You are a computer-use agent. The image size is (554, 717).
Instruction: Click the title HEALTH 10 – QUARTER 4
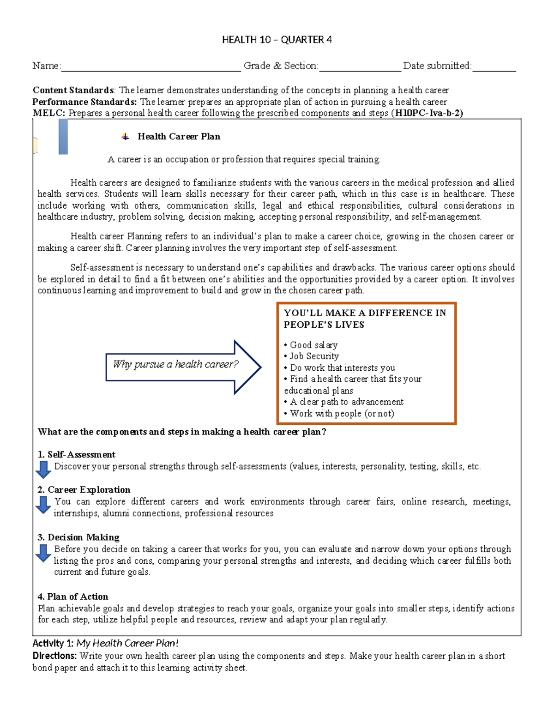[277, 40]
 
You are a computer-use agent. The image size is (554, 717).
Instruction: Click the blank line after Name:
[151, 67]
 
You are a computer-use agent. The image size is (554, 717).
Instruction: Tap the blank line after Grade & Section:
[360, 67]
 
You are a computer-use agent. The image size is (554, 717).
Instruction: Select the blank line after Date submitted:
[494, 67]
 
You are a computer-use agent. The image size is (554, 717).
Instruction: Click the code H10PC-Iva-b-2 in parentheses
[427, 113]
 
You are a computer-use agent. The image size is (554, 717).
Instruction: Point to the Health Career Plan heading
[179, 137]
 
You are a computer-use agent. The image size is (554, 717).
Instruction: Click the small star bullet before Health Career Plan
[125, 137]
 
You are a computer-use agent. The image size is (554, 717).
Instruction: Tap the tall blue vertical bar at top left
[63, 137]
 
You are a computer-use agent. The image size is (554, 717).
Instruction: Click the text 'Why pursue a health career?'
[175, 364]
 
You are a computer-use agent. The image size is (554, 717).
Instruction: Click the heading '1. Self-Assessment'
[77, 455]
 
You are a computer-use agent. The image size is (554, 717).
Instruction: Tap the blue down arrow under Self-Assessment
[43, 469]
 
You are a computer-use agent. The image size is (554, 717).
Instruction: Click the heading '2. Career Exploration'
[84, 490]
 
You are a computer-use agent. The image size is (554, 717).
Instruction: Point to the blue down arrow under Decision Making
[43, 553]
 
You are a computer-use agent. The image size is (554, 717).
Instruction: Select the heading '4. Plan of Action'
[73, 596]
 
